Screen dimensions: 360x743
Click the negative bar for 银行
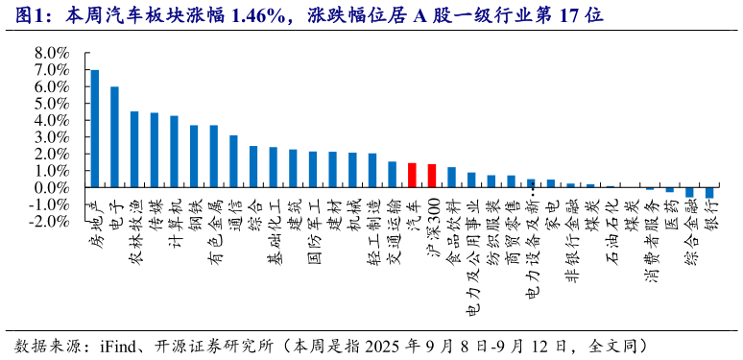click(709, 193)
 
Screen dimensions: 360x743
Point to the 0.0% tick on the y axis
click(52, 188)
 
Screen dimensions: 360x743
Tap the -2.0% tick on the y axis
click(50, 222)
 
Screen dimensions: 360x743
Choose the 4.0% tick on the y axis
click(52, 121)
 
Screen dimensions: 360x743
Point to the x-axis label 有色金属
click(213, 230)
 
